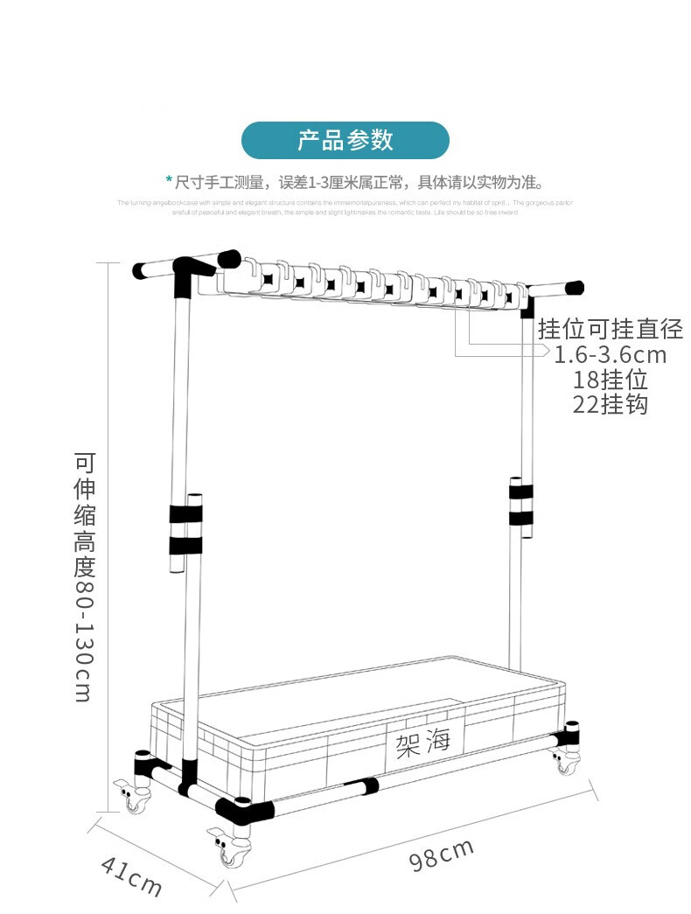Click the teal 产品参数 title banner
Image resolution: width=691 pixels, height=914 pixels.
(x=345, y=140)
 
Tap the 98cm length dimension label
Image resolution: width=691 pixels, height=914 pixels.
(x=442, y=855)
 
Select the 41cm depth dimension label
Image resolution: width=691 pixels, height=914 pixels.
(x=131, y=876)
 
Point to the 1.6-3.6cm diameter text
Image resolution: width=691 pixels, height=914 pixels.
(x=611, y=354)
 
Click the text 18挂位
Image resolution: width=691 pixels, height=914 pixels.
(x=611, y=380)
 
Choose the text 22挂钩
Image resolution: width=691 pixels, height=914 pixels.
(x=611, y=404)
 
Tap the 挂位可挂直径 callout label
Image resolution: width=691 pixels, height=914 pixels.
(x=611, y=329)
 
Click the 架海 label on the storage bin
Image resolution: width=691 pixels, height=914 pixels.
(x=423, y=743)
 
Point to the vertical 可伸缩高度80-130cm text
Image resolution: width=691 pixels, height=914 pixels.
(x=84, y=577)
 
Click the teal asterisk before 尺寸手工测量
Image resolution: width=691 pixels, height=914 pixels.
(x=169, y=181)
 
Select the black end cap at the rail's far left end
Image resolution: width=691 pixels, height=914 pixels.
(x=141, y=270)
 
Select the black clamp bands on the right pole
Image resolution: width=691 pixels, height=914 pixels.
(x=520, y=502)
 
